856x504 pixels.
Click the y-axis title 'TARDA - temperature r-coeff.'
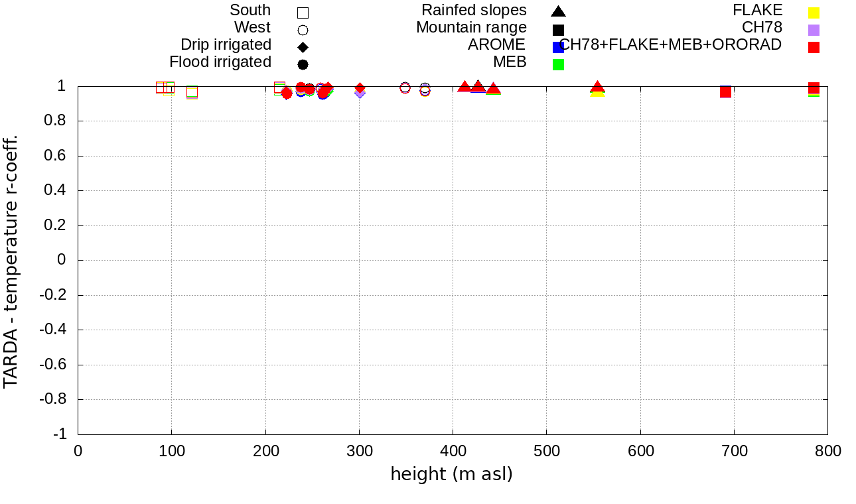click(x=11, y=261)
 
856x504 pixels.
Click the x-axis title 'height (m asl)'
click(x=451, y=474)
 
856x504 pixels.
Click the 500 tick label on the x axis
click(x=546, y=452)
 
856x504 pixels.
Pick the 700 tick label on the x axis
click(x=734, y=452)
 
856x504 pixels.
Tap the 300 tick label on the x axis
click(x=359, y=452)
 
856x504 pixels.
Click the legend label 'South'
click(x=250, y=11)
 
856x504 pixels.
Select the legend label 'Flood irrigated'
click(x=220, y=62)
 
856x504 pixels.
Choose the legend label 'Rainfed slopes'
click(x=474, y=11)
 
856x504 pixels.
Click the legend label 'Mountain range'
click(x=471, y=28)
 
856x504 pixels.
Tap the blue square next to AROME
click(x=558, y=46)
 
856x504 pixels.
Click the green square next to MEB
click(x=558, y=64)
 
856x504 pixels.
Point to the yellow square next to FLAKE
click(x=814, y=12)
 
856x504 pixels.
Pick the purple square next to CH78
click(x=814, y=29)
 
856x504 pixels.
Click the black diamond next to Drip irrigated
click(x=303, y=47)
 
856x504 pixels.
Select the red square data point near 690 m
click(x=725, y=92)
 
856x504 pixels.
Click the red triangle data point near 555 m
click(x=598, y=87)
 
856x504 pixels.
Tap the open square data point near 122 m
click(x=192, y=92)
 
